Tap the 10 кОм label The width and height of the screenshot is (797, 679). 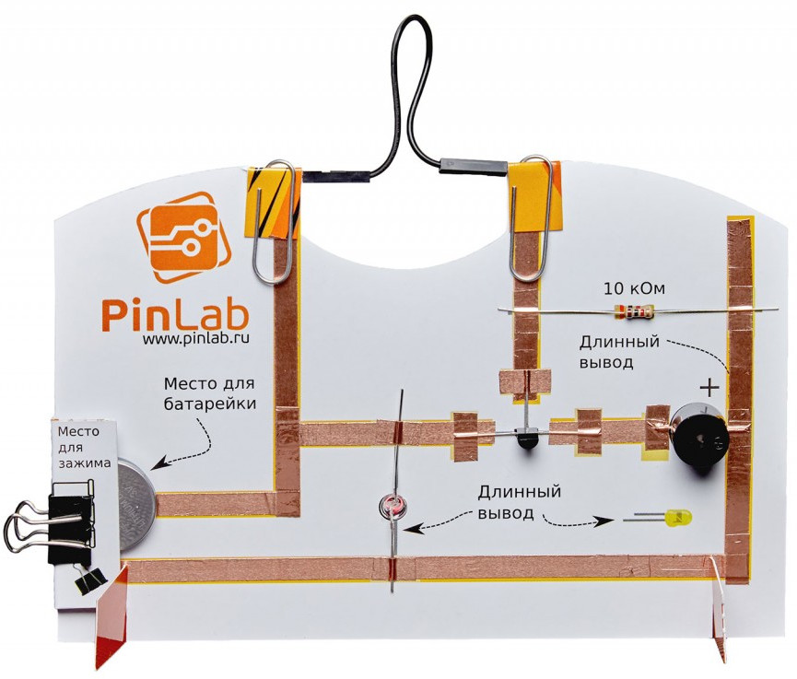pos(635,287)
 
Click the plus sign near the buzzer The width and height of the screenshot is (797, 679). pos(709,387)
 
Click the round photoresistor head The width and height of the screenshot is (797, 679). pos(393,507)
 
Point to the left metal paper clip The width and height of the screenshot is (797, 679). pos(274,221)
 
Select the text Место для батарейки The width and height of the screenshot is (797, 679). pos(208,392)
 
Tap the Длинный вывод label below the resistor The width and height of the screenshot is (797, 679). pos(619,352)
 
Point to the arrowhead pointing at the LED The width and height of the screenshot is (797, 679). pos(604,521)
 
